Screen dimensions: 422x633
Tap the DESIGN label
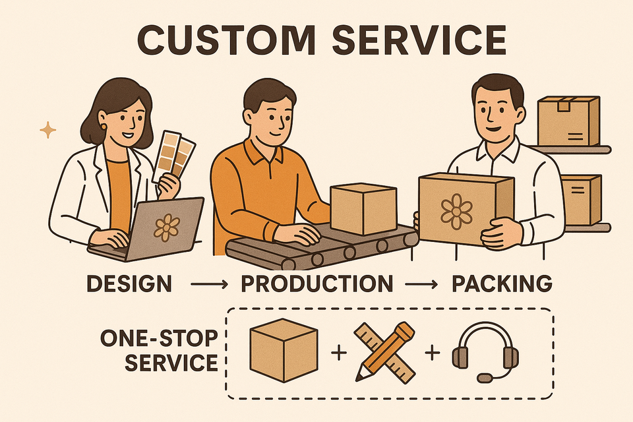(129, 284)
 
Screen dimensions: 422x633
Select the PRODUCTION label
(316, 284)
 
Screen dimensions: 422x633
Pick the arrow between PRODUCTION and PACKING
(421, 285)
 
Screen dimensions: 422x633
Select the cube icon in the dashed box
(284, 349)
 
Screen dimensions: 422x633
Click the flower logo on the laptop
(166, 226)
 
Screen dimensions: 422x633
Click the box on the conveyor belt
(363, 208)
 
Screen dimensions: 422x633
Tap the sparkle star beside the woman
(48, 130)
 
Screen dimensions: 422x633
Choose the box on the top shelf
(568, 121)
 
